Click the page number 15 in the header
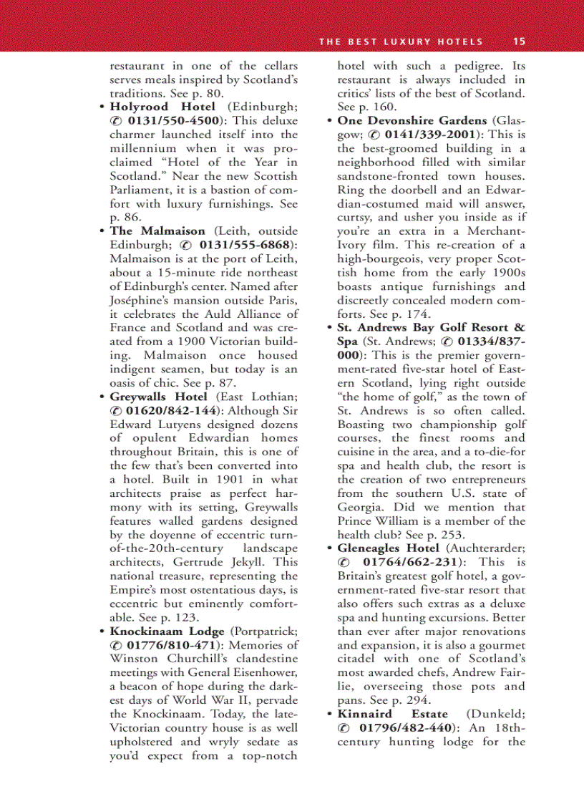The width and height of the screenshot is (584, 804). pyautogui.click(x=520, y=42)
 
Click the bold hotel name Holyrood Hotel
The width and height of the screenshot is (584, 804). pyautogui.click(x=162, y=107)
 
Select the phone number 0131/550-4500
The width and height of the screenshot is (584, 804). pyautogui.click(x=174, y=120)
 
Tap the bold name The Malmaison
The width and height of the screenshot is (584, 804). pyautogui.click(x=157, y=231)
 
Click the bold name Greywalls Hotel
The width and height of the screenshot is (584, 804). pyautogui.click(x=158, y=396)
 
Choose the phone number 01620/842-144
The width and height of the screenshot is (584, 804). pyautogui.click(x=172, y=410)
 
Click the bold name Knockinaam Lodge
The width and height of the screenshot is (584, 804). pyautogui.click(x=167, y=631)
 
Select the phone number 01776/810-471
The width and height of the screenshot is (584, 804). pyautogui.click(x=172, y=645)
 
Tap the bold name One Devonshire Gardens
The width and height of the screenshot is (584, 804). pyautogui.click(x=412, y=120)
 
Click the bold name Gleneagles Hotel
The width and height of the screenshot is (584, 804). pyautogui.click(x=399, y=548)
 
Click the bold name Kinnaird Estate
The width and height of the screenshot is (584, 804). pyautogui.click(x=392, y=714)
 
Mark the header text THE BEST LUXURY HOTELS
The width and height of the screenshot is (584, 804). pyautogui.click(x=401, y=42)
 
